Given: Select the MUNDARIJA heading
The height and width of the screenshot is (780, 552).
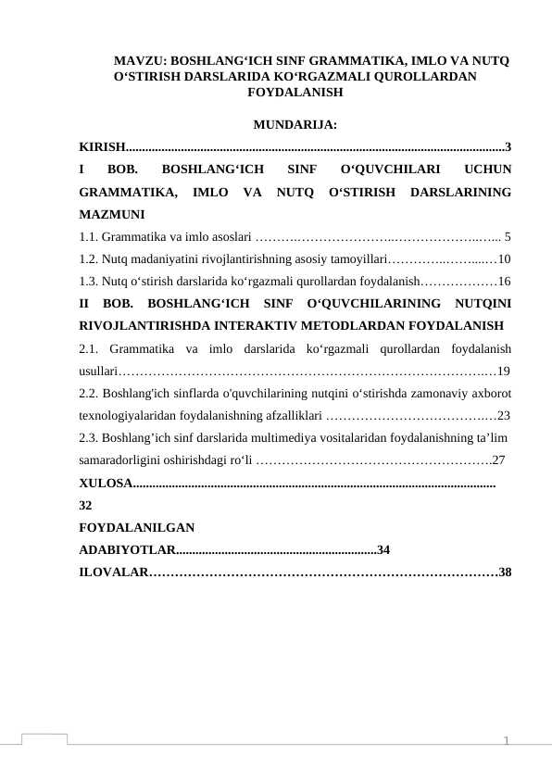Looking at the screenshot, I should tap(294, 125).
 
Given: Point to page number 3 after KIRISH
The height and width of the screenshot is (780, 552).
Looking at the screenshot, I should tap(508, 146).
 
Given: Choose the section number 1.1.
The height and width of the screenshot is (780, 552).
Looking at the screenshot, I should tap(91, 235).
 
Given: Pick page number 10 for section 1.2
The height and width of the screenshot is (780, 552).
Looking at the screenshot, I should tap(504, 258).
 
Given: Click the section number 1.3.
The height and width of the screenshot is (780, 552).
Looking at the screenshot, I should tap(91, 281).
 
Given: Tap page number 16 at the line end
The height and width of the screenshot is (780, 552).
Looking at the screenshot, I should tap(504, 281).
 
